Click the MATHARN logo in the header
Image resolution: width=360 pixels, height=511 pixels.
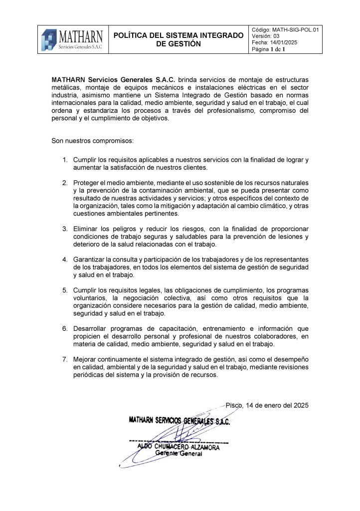pyautogui.click(x=73, y=39)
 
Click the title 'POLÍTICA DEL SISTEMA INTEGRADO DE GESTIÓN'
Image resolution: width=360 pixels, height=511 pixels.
pyautogui.click(x=178, y=39)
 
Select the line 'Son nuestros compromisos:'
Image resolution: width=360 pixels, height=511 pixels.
pyautogui.click(x=92, y=140)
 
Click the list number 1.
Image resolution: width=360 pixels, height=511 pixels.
pyautogui.click(x=65, y=160)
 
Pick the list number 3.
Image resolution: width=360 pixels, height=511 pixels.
pyautogui.click(x=65, y=229)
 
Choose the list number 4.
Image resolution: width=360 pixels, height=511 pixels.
pyautogui.click(x=65, y=259)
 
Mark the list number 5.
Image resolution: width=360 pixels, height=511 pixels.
pyautogui.click(x=65, y=290)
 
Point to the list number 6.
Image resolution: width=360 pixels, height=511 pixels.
pyautogui.click(x=65, y=329)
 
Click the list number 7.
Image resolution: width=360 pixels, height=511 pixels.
pyautogui.click(x=65, y=360)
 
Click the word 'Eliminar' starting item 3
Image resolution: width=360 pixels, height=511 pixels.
pyautogui.click(x=86, y=229)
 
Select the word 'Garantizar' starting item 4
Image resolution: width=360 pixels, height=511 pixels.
pyautogui.click(x=90, y=259)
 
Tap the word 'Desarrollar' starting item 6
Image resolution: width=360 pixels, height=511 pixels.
pyautogui.click(x=91, y=329)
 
